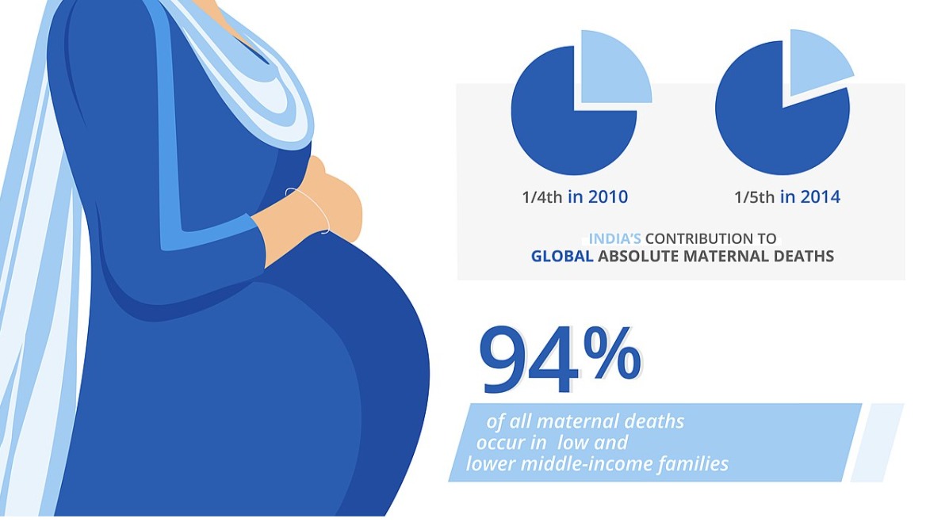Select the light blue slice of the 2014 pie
click(818, 62)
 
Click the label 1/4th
click(541, 197)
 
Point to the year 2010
click(607, 196)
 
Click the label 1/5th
click(754, 197)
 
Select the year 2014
click(820, 196)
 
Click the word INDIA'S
click(614, 239)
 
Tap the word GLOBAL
click(561, 256)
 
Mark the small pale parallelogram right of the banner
click(876, 442)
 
